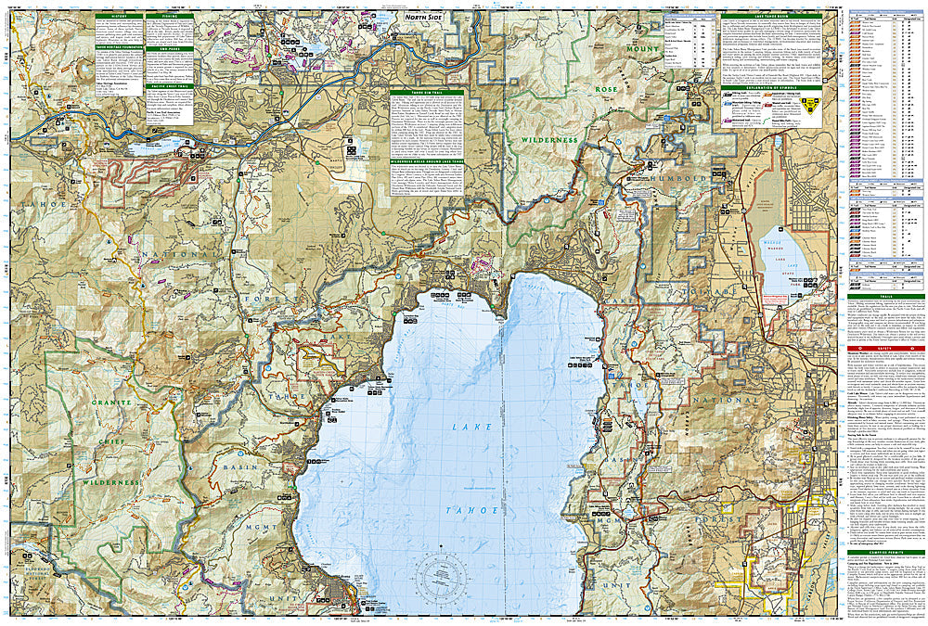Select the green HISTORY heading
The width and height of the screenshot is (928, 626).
(118, 16)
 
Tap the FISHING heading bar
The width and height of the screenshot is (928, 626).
(169, 16)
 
